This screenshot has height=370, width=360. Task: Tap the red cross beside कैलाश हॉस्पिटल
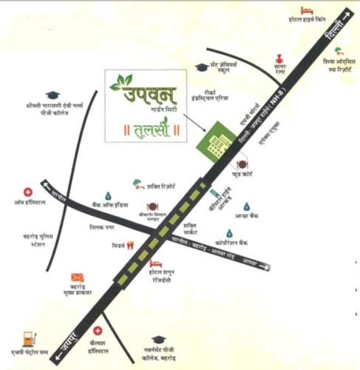coord(98,332)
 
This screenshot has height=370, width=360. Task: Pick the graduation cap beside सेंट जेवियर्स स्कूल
coord(200,67)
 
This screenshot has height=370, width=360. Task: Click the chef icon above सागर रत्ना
coord(279,58)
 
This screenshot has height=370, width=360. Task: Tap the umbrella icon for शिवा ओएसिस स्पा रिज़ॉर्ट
coord(339,51)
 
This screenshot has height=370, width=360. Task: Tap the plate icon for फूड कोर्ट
coord(242,164)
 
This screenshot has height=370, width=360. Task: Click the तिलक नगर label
coord(103,229)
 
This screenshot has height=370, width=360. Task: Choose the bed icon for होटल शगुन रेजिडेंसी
coord(155,263)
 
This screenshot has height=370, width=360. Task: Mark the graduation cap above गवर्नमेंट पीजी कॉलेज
coord(157,339)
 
